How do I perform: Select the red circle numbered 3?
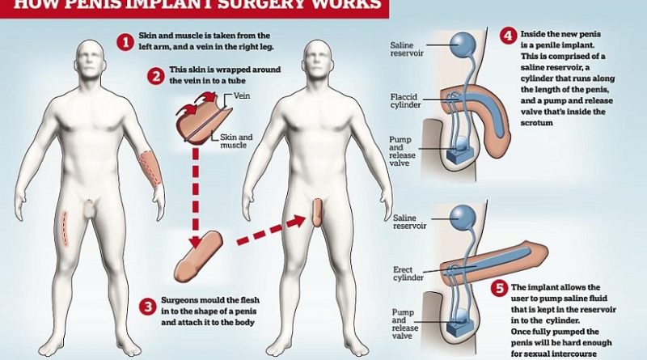point(147,306)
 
